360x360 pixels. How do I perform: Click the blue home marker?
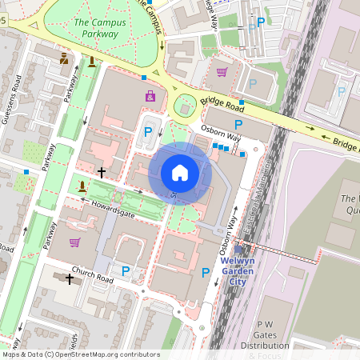180,173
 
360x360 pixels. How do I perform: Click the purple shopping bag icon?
150,97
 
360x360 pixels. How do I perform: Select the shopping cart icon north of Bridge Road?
222,73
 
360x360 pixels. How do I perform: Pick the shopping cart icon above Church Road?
74,242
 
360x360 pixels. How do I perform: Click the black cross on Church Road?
70,278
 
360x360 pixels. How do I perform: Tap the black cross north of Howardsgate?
101,172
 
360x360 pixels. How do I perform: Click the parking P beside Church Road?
126,270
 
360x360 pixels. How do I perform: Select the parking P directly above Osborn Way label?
238,124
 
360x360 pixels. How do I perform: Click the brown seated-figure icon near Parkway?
64,58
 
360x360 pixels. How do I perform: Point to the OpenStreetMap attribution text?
80,354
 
